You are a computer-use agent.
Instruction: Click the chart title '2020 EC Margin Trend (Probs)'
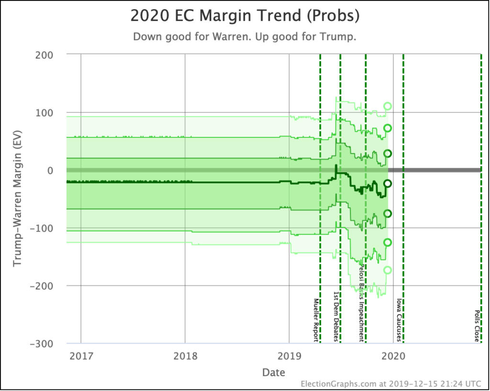point(245,16)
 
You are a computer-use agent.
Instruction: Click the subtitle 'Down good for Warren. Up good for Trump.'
point(245,37)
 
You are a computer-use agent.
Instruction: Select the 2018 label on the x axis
point(185,357)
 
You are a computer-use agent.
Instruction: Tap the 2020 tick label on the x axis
point(393,357)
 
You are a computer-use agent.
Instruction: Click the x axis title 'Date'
point(273,372)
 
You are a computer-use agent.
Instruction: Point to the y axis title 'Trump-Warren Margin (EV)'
point(17,199)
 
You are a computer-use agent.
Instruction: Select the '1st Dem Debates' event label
point(336,316)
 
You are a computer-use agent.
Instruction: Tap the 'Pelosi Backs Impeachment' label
point(362,303)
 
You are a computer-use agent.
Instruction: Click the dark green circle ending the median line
point(388,183)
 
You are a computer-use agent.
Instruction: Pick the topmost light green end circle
point(388,106)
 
